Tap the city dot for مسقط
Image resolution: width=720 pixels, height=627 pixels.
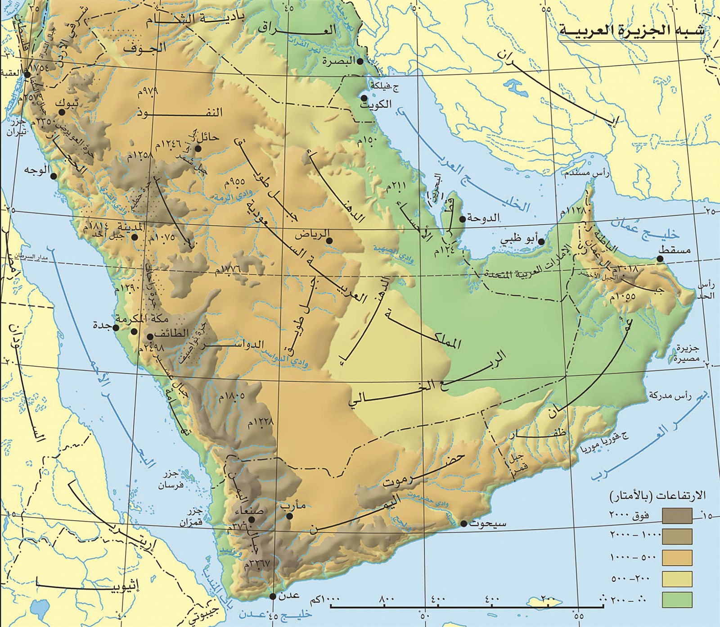[660, 259]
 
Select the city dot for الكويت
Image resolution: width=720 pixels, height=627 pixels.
[364, 98]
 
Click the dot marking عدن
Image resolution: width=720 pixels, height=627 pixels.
[273, 596]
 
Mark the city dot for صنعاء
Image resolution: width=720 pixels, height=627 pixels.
[252, 519]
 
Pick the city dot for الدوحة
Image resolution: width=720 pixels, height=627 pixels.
[462, 219]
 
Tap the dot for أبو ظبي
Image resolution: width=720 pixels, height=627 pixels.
[542, 242]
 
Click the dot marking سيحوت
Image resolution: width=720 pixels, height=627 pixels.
[463, 524]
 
